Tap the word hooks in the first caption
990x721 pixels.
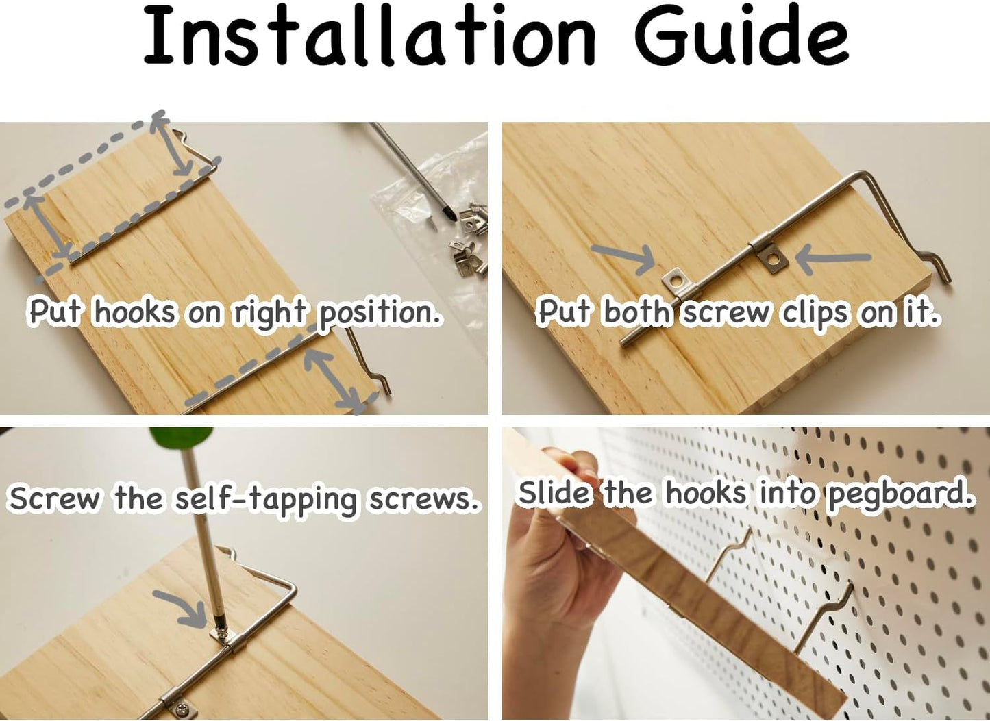[x=134, y=313]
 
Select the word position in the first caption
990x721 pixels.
[x=379, y=314]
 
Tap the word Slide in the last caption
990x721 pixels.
[x=554, y=493]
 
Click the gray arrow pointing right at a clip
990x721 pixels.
[x=623, y=258]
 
